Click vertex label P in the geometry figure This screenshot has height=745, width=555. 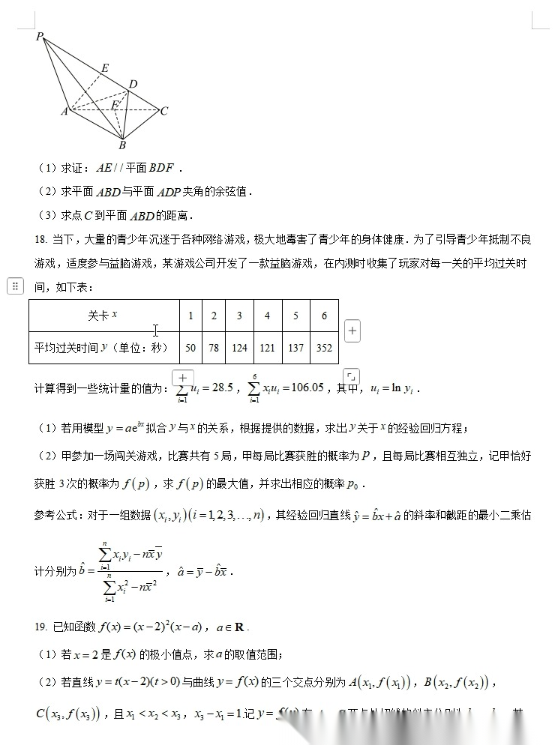point(40,36)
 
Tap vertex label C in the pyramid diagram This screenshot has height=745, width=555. point(163,111)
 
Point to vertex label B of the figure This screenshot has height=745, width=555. point(122,145)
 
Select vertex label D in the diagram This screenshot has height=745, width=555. point(133,84)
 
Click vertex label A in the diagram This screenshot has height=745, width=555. point(64,112)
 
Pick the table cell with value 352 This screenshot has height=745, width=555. point(324,348)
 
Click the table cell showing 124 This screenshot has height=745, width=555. point(239,348)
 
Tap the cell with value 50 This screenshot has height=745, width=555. point(190,348)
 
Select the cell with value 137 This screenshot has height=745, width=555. point(295,348)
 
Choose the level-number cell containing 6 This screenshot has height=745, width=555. point(324,316)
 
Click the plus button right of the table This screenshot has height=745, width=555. point(352,331)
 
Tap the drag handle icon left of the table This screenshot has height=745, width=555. point(14,286)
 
